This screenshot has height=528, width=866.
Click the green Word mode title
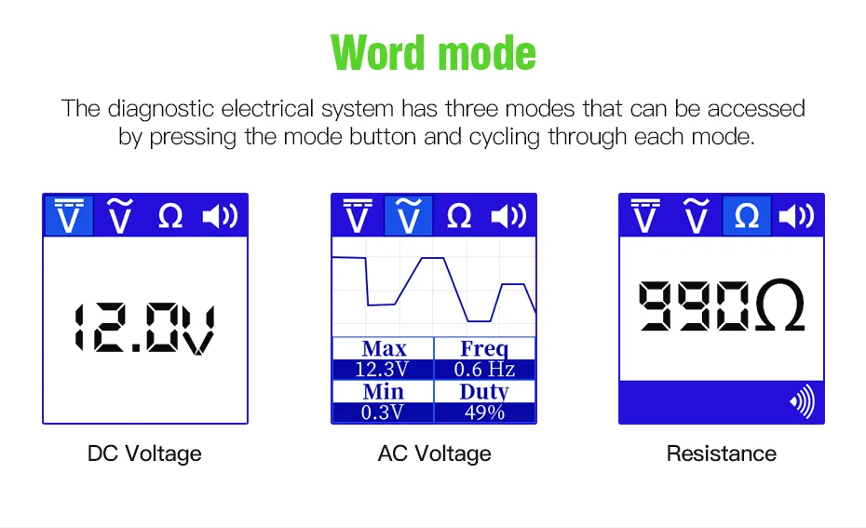(433, 53)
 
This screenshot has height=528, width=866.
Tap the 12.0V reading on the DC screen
(144, 328)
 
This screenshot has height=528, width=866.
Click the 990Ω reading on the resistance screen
(721, 306)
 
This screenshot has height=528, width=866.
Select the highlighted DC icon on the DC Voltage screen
(70, 216)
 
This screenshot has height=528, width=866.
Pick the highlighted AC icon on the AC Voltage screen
(408, 216)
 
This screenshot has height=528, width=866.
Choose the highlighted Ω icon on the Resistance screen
(747, 216)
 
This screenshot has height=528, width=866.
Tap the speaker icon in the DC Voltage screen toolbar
(221, 216)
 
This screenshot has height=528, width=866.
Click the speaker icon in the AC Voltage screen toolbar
(509, 216)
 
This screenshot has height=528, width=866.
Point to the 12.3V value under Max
(382, 370)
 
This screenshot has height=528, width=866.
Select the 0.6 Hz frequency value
(484, 370)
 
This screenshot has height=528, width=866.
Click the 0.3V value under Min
(382, 413)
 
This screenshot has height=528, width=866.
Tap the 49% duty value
(484, 413)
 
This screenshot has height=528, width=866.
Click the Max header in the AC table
(384, 349)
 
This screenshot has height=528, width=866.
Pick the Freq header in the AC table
(484, 349)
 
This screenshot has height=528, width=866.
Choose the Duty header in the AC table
(484, 392)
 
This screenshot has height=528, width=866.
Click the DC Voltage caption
(144, 454)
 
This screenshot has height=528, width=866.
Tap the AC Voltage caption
(434, 454)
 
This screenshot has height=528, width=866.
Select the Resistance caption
(721, 454)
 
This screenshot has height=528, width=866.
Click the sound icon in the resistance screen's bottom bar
(802, 402)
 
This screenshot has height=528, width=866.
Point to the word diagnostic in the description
(162, 108)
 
